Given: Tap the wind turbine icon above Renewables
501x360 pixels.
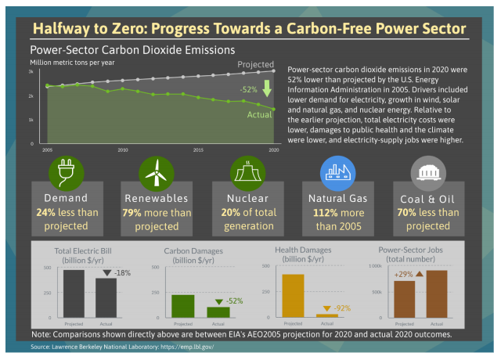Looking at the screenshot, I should point(155,172).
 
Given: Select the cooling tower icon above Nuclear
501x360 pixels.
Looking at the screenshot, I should point(247,172).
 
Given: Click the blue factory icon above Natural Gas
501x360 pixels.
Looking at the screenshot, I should point(338,172).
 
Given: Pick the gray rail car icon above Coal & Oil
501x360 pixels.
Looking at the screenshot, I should point(428,172).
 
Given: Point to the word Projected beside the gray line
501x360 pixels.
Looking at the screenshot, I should point(256,64).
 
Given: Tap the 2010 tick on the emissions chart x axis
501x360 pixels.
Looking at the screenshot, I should point(123,149).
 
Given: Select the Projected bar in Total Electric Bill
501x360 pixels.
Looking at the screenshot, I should point(74,293).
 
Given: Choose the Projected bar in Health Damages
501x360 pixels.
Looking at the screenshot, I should point(293,296).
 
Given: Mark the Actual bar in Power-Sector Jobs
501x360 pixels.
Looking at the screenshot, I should point(437,293).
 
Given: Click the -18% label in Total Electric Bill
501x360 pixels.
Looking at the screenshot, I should point(121,273).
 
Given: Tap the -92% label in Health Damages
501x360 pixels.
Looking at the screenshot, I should point(341,308).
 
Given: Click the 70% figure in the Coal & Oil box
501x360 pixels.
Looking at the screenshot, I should point(408,212).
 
